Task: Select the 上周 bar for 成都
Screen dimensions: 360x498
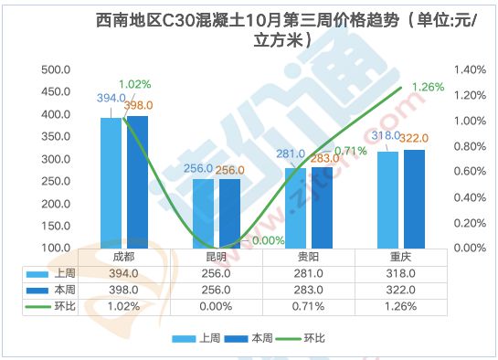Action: (x=111, y=183)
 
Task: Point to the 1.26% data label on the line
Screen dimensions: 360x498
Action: (x=429, y=87)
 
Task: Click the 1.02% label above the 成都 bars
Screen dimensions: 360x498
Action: (x=133, y=85)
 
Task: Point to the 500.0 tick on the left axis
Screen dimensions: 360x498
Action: (x=57, y=69)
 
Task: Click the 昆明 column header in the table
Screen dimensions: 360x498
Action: (x=217, y=257)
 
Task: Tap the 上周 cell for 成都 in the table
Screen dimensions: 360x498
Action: (x=124, y=273)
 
